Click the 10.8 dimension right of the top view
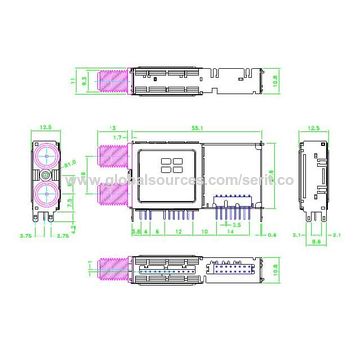[x=273, y=75]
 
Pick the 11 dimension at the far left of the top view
[x=73, y=75]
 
